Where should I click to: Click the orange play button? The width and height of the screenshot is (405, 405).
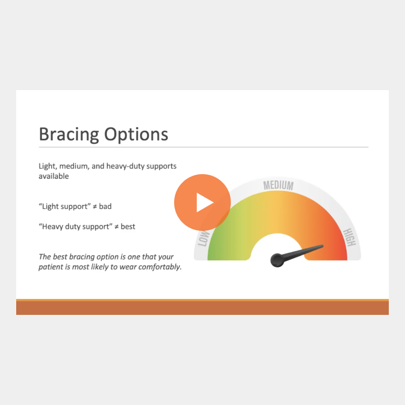[202, 202]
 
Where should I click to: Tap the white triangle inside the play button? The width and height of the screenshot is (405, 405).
[205, 202]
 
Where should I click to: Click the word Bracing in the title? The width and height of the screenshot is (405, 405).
[69, 134]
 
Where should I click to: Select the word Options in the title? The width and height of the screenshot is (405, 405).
[136, 134]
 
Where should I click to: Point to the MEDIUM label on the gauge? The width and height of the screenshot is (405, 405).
[278, 185]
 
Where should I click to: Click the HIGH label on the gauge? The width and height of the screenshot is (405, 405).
[349, 237]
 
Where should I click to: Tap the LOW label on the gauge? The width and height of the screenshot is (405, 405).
[204, 238]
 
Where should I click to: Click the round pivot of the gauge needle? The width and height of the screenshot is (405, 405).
[277, 260]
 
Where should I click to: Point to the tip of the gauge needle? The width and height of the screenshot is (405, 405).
[323, 246]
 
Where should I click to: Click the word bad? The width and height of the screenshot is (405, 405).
[105, 207]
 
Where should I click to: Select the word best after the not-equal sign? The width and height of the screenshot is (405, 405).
[128, 226]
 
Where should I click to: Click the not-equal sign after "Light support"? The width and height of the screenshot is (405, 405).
[95, 207]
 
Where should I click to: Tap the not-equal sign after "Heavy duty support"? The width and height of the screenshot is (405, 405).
[116, 227]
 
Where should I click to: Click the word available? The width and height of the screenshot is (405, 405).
[54, 176]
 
